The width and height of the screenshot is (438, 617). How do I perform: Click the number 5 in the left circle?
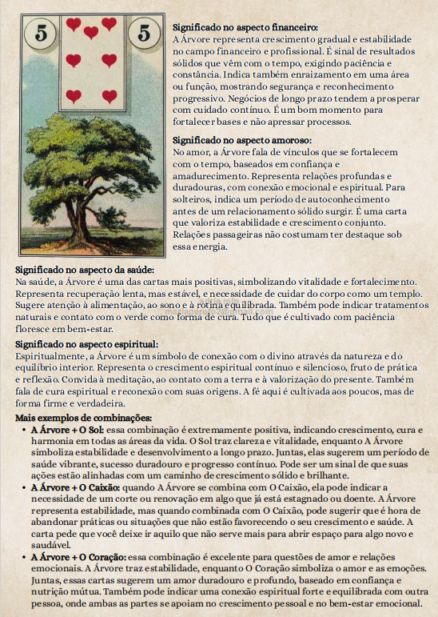click(38, 34)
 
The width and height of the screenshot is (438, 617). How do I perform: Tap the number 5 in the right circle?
click(144, 34)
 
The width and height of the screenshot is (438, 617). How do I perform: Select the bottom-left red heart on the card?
click(74, 96)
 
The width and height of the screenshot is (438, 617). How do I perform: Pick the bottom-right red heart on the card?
click(109, 96)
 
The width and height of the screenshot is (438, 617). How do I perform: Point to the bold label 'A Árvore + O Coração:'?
click(73, 555)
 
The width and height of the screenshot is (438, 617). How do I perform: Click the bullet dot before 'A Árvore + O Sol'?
click(24, 430)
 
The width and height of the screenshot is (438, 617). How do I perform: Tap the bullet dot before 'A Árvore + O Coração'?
click(24, 555)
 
